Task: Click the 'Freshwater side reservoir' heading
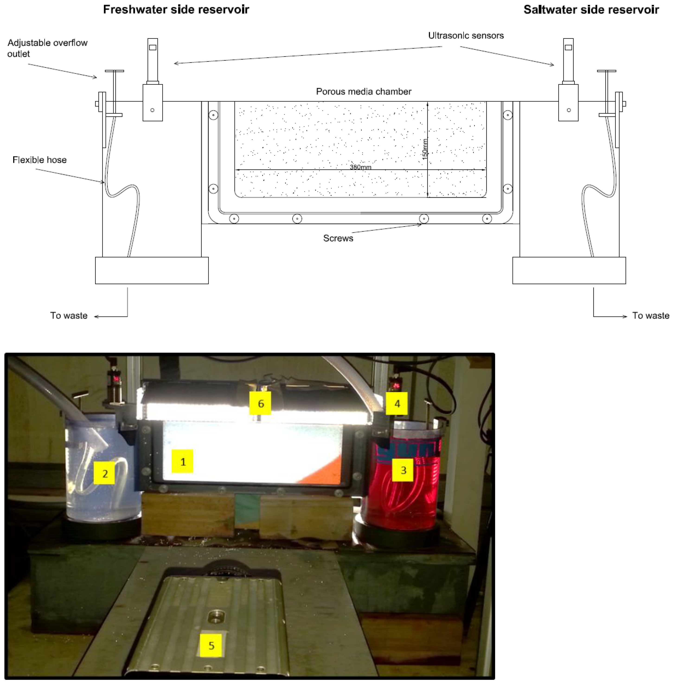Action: click(x=176, y=10)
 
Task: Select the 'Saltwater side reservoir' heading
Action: click(x=591, y=10)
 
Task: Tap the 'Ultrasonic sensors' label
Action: click(x=466, y=36)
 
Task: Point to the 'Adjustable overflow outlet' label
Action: click(x=47, y=48)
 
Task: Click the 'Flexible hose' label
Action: click(x=40, y=160)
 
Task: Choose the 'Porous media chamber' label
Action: click(x=364, y=92)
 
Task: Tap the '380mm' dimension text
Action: click(x=361, y=167)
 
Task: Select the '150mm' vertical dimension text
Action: click(x=425, y=149)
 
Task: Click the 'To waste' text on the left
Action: click(x=69, y=316)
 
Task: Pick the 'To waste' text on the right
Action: click(x=651, y=316)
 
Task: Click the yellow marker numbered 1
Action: click(x=182, y=461)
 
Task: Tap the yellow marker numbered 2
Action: click(x=104, y=473)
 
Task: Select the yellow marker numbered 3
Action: click(x=403, y=470)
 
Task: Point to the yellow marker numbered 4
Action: click(x=397, y=403)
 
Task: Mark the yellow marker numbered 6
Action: click(x=260, y=403)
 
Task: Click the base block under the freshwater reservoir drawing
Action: click(x=152, y=271)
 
